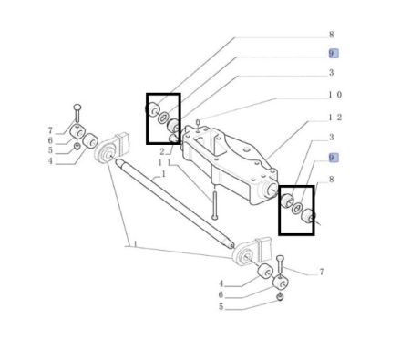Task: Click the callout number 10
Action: [x=335, y=95]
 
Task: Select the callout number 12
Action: [x=335, y=118]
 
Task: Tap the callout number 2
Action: [x=162, y=151]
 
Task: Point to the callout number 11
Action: [x=165, y=163]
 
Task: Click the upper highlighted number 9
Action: [x=334, y=54]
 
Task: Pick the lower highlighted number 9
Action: [x=334, y=158]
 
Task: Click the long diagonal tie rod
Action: [x=174, y=202]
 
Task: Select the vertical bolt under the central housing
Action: [x=215, y=203]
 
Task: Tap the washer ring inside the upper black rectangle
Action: [x=164, y=118]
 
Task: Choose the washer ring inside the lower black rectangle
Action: [x=297, y=208]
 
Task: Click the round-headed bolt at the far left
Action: [x=77, y=113]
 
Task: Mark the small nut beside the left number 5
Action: [x=77, y=147]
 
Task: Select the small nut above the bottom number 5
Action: [x=281, y=297]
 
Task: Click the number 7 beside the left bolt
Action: [x=50, y=131]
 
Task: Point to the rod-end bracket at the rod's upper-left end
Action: [x=112, y=149]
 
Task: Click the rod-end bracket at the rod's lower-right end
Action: [x=251, y=252]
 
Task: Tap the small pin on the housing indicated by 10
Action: [x=198, y=125]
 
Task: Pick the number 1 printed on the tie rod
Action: [x=163, y=174]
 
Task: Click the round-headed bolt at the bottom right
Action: [x=281, y=265]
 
